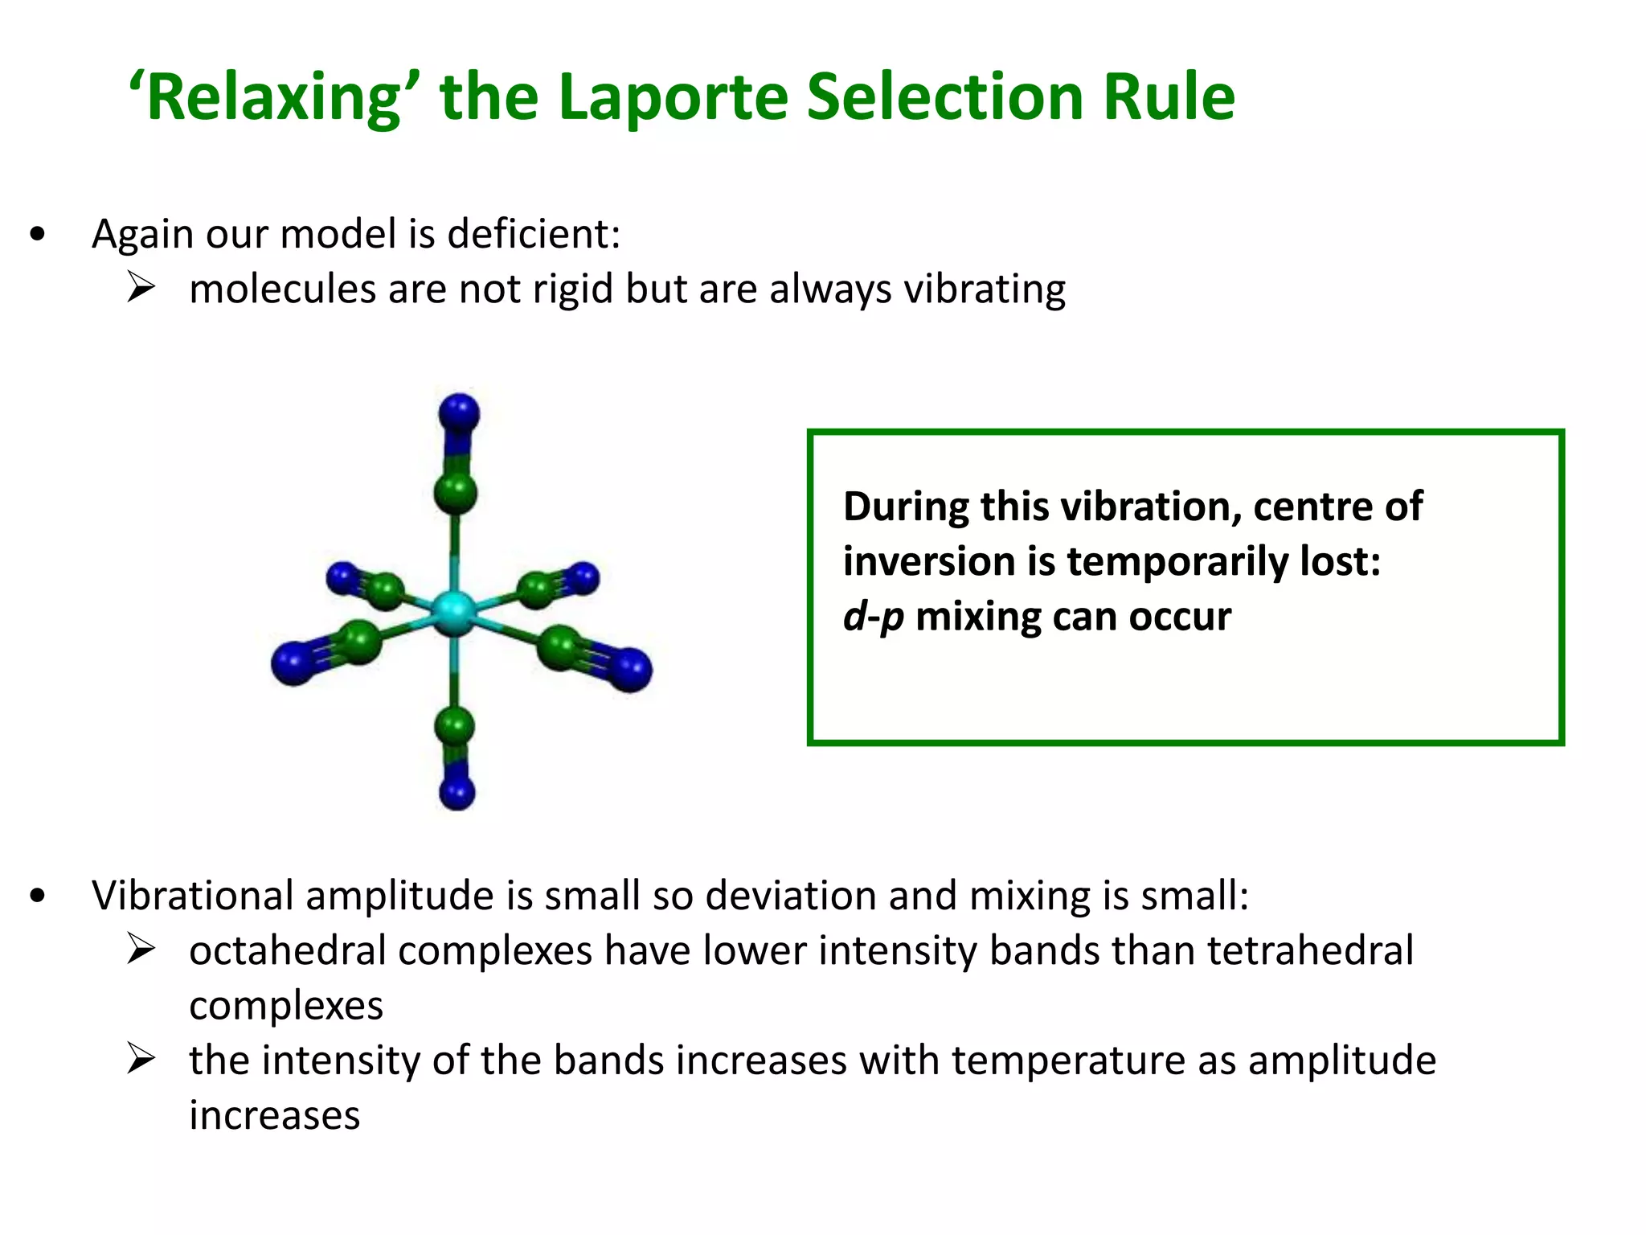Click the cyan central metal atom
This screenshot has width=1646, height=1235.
(454, 613)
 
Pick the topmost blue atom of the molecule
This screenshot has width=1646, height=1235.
(459, 414)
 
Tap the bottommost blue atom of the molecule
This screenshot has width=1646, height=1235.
(457, 792)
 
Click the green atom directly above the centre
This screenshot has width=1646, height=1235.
(455, 492)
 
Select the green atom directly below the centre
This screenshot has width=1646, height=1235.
(455, 725)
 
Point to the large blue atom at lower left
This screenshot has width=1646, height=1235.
(293, 663)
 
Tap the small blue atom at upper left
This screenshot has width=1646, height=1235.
(342, 577)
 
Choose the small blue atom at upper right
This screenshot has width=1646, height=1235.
(582, 577)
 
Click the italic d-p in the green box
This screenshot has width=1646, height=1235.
(873, 617)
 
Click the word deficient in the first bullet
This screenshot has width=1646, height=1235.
(533, 235)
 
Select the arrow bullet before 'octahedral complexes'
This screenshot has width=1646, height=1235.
(141, 950)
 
